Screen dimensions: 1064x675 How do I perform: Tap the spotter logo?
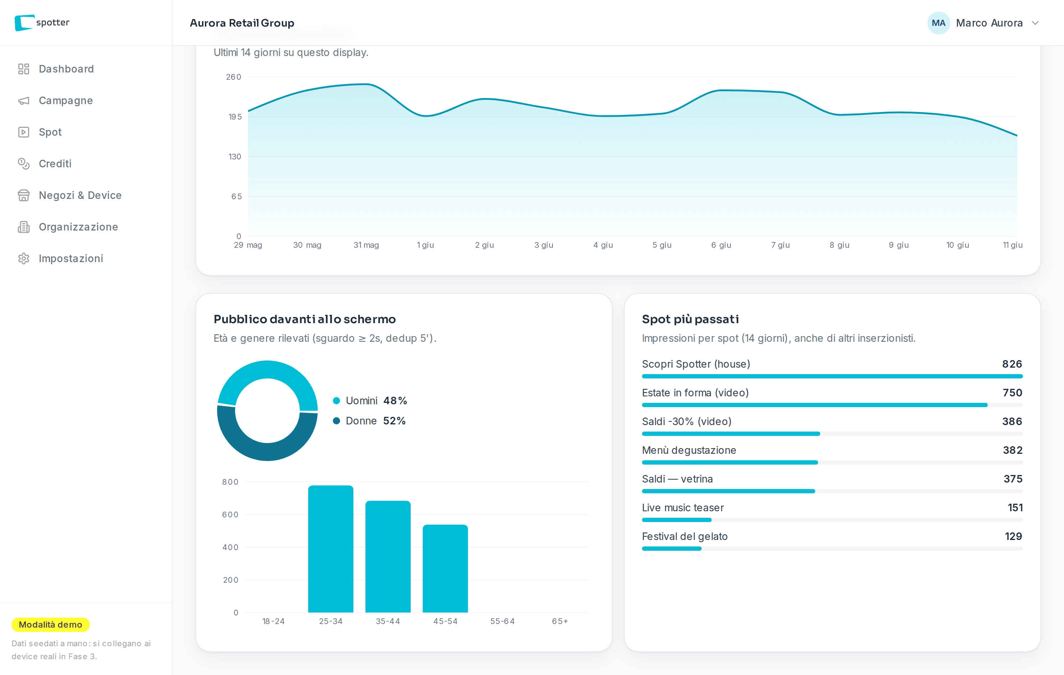tap(42, 23)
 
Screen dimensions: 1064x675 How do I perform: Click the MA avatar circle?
tap(938, 23)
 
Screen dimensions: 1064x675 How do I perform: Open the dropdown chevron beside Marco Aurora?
tap(1035, 23)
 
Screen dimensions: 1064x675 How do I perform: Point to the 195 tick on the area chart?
tap(235, 117)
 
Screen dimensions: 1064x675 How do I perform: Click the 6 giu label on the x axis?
tap(721, 245)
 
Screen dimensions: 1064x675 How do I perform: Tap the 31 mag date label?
tap(366, 245)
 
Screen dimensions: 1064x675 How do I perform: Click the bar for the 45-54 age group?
tap(445, 569)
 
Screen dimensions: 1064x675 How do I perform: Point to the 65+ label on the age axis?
tap(560, 621)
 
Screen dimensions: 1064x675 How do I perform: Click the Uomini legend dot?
tap(336, 401)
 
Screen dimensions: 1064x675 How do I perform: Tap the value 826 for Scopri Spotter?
tap(1012, 364)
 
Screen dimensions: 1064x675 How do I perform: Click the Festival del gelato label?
tap(684, 536)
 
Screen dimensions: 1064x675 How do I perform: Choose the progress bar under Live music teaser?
tap(832, 520)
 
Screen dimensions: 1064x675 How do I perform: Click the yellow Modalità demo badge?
tap(50, 625)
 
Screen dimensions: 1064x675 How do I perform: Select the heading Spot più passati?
tap(690, 319)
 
